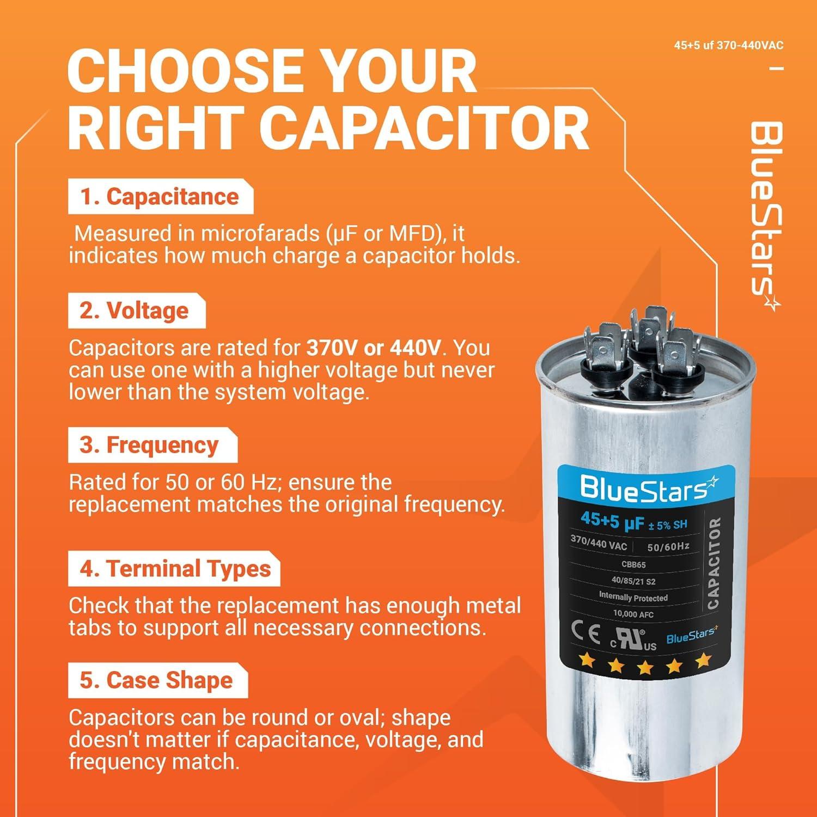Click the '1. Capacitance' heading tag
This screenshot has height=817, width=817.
pyautogui.click(x=160, y=197)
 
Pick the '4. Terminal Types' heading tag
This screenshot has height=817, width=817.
pyautogui.click(x=175, y=569)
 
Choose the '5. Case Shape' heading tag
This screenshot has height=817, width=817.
pyautogui.click(x=156, y=681)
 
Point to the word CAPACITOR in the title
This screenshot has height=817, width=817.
pyautogui.click(x=424, y=129)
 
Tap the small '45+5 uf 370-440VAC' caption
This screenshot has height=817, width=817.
pyautogui.click(x=728, y=45)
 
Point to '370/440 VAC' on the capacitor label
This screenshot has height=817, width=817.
pyautogui.click(x=599, y=542)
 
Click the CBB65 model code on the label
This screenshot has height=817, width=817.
pyautogui.click(x=633, y=565)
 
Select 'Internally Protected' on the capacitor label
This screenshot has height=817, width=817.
pyautogui.click(x=633, y=597)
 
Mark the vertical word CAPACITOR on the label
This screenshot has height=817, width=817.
pyautogui.click(x=713, y=564)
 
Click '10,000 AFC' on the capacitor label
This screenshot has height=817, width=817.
pyautogui.click(x=633, y=614)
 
